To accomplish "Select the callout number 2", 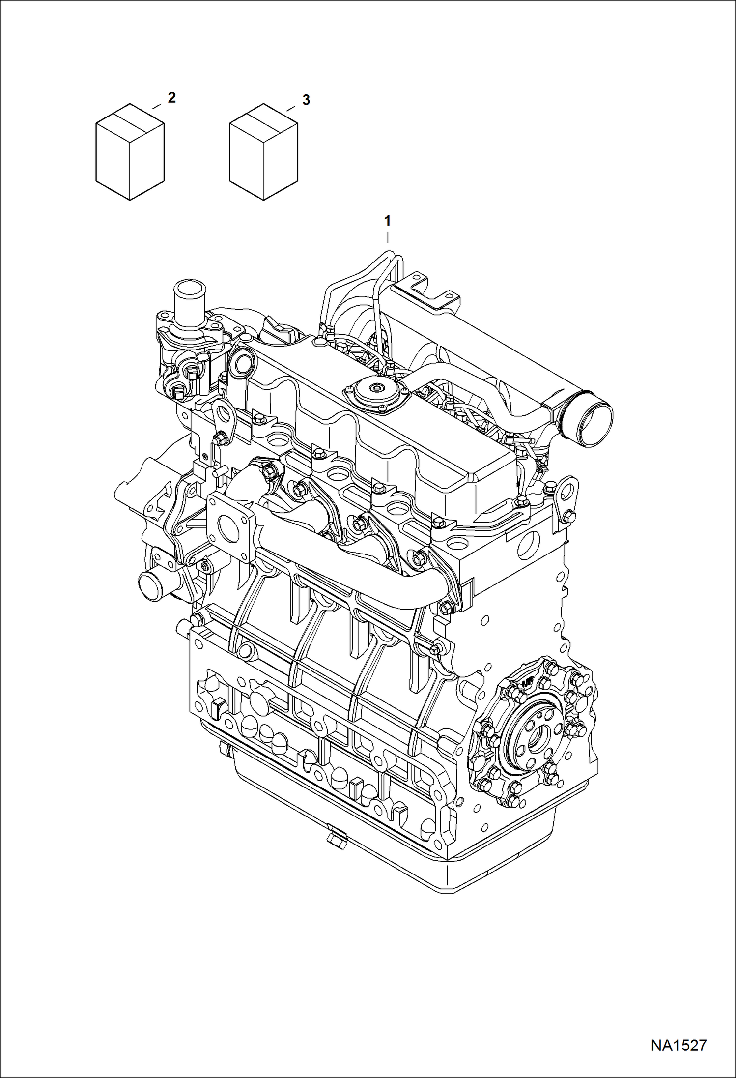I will point(171,98).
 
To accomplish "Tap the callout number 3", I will point(306,100).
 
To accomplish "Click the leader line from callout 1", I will point(388,237).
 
